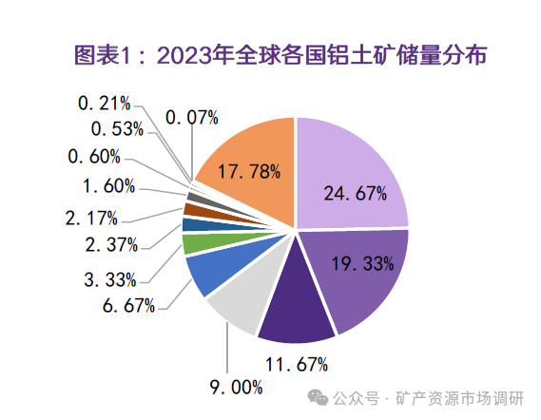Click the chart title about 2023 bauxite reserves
click(270, 55)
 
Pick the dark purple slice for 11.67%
click(295, 314)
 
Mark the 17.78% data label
click(248, 172)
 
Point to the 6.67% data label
click(130, 306)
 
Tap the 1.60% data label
click(108, 185)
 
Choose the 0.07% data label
click(192, 118)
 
